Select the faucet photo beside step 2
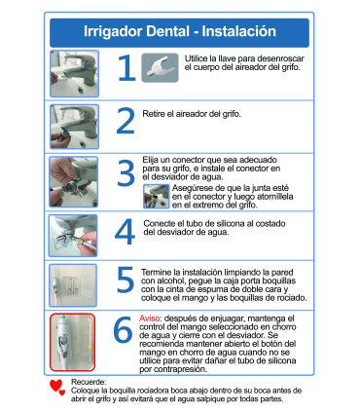73,124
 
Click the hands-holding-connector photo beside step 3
73,180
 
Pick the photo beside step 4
73,235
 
